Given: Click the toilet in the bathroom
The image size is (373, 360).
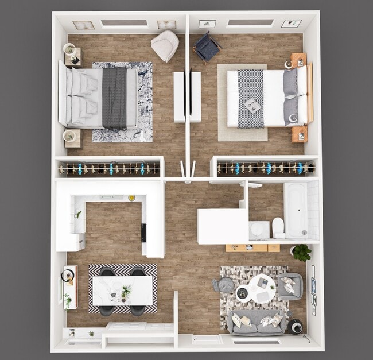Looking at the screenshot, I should (x=278, y=227).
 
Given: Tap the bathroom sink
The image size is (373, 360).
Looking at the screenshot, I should (x=259, y=230).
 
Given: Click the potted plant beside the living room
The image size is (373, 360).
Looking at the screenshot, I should (x=301, y=252).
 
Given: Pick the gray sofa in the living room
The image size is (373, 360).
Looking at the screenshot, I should (x=258, y=323).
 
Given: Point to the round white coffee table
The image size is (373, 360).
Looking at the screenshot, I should (x=262, y=288).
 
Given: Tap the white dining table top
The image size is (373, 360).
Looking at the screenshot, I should (x=123, y=291).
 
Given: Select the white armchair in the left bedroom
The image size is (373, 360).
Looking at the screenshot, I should (x=165, y=45).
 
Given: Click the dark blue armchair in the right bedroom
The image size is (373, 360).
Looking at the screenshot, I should (x=207, y=47).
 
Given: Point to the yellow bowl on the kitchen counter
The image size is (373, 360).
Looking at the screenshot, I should (x=132, y=198).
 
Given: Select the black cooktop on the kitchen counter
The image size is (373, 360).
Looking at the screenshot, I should (x=143, y=232).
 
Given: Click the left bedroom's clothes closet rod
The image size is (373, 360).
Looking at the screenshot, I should (x=109, y=169).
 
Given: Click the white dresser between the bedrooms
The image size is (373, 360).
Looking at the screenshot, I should (x=188, y=96).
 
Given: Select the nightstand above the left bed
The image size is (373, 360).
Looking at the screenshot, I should (x=72, y=56).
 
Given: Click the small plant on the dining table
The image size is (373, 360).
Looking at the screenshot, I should (x=126, y=291).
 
